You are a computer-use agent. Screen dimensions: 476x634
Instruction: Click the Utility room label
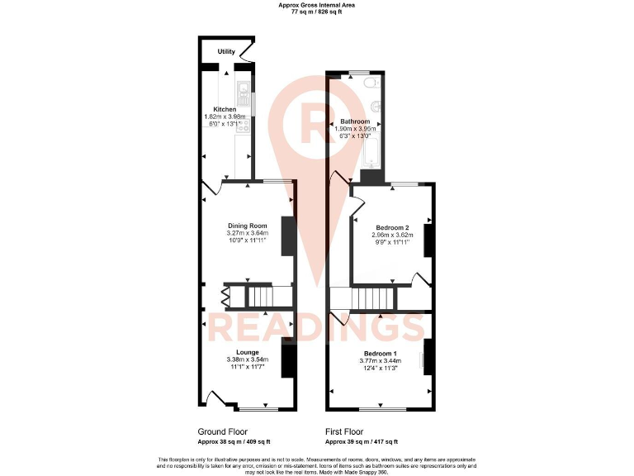tap(226, 52)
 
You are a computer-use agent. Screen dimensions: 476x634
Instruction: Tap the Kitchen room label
tap(225, 109)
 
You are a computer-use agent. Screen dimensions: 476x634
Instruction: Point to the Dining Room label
tap(248, 225)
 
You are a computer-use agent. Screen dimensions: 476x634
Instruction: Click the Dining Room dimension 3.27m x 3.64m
tap(248, 233)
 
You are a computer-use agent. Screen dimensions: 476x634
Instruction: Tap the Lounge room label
tap(248, 352)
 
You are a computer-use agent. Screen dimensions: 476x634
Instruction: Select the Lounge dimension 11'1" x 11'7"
tap(248, 367)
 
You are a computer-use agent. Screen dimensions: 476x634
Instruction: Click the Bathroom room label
tap(355, 121)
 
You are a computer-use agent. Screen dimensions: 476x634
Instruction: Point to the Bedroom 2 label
tap(393, 227)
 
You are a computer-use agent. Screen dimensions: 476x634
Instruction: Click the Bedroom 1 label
tap(380, 354)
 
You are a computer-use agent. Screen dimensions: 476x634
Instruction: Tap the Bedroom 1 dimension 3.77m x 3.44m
tap(380, 361)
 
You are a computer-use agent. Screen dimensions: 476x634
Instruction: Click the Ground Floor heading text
tap(221, 432)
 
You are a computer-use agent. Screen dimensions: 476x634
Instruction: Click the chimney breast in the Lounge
tap(288, 360)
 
